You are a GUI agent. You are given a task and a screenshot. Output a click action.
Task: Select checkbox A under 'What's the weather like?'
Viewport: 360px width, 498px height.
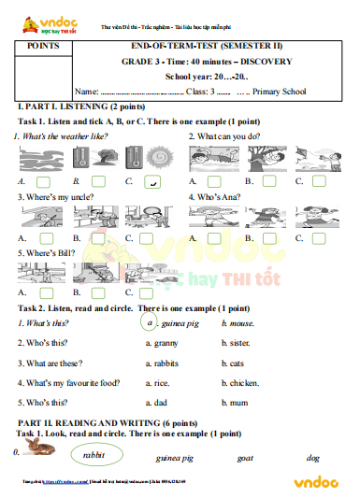(x=43, y=182)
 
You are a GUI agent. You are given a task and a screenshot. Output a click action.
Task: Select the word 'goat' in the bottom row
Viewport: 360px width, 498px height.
(x=246, y=458)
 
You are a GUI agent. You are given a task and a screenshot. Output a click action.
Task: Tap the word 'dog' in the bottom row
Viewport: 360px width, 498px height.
(x=313, y=458)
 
